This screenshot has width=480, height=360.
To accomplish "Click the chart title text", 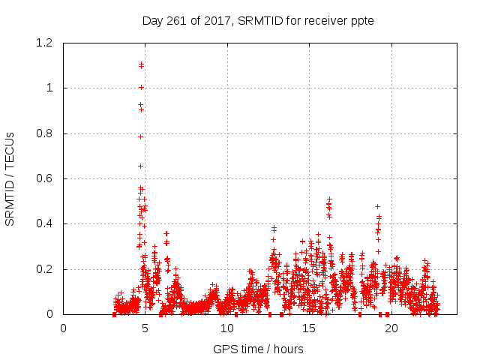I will point(258,20).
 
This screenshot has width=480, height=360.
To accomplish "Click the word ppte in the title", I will point(361,20).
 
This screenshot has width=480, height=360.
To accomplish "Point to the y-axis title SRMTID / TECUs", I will point(10,178).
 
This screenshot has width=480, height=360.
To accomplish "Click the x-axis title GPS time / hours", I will point(258,349).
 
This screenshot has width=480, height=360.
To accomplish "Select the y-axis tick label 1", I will point(49,88).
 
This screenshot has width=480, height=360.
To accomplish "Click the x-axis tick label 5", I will point(145,328).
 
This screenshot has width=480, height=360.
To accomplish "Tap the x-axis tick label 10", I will point(227,328).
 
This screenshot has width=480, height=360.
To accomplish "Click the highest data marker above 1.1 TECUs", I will point(141,64).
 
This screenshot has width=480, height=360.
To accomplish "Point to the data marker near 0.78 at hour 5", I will point(140,136).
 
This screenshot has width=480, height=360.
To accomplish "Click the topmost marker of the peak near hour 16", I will point(328,199).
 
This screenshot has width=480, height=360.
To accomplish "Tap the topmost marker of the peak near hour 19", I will point(377,206).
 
